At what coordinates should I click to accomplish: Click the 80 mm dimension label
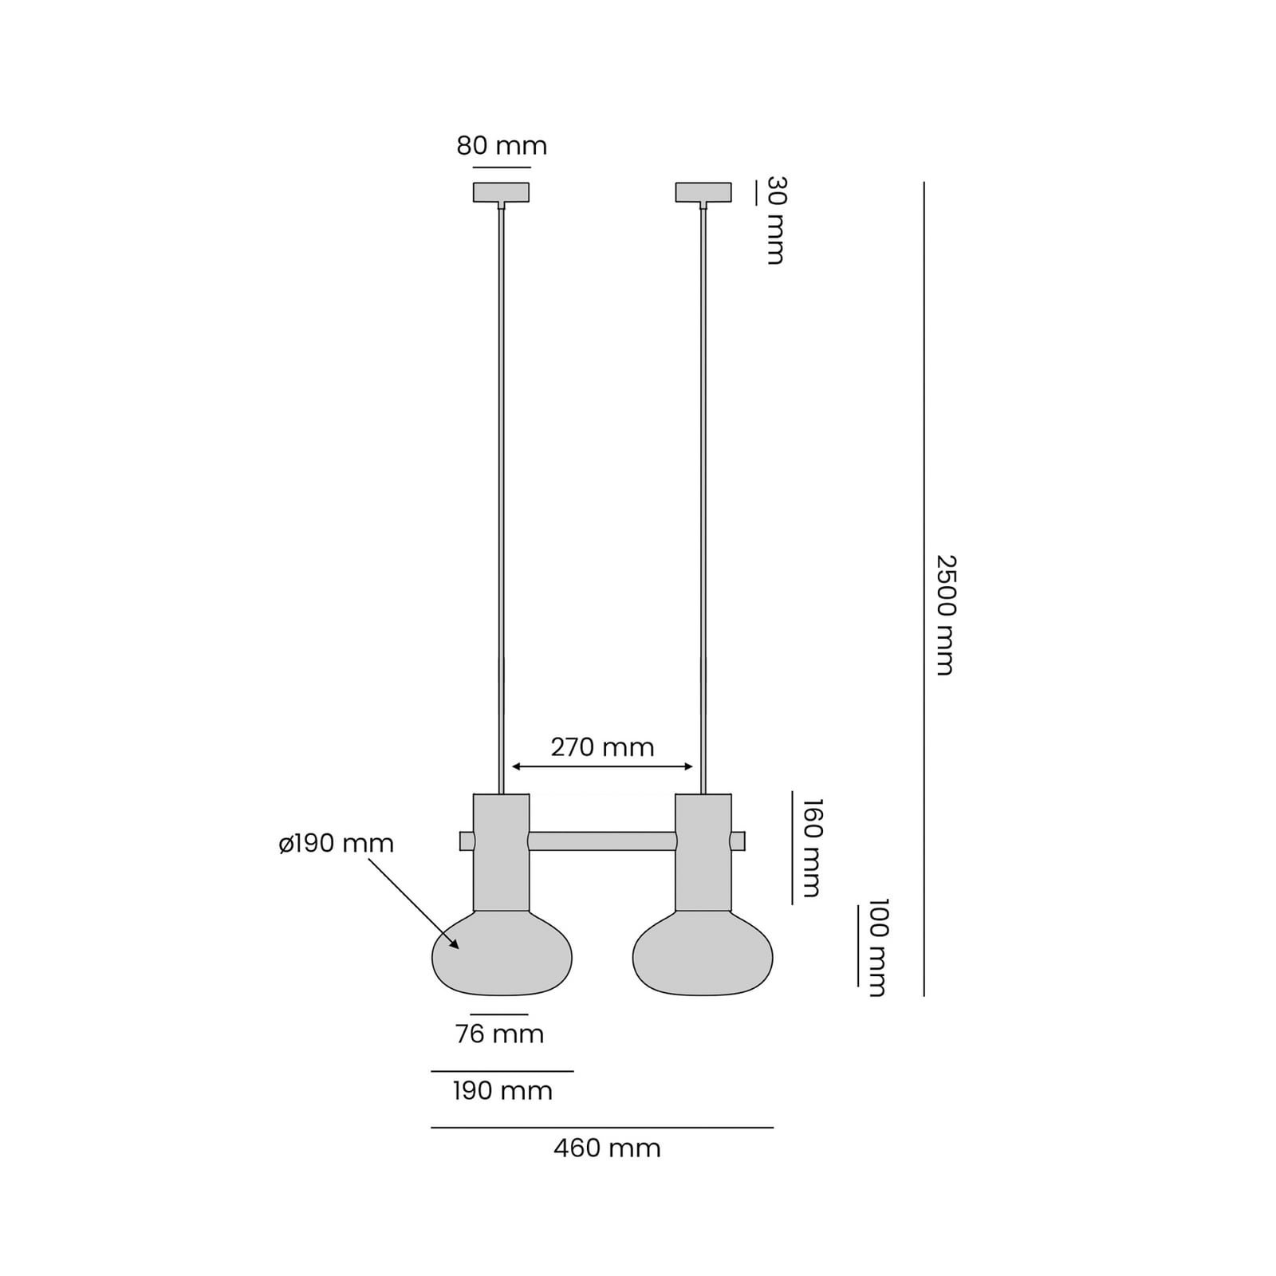click(x=502, y=146)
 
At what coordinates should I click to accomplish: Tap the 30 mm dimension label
click(x=775, y=220)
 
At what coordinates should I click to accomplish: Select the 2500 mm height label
click(x=945, y=615)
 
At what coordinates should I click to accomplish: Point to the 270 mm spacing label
click(x=602, y=747)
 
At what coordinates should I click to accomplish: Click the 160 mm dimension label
click(x=811, y=848)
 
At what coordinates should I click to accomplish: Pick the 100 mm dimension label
click(x=877, y=947)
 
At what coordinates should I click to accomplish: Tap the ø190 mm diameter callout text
click(x=337, y=844)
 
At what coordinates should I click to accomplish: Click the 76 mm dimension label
click(x=499, y=1034)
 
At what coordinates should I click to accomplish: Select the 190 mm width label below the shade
click(x=502, y=1091)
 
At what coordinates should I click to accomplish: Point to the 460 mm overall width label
click(x=607, y=1148)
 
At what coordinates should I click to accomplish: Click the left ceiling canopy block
click(x=501, y=192)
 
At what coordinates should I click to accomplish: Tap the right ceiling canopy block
click(x=703, y=192)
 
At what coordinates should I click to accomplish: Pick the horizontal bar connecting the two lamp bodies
click(x=602, y=841)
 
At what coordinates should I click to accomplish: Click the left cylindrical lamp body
click(x=501, y=852)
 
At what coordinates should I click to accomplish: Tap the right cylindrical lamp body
click(x=703, y=852)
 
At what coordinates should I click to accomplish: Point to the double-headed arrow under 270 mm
click(x=602, y=767)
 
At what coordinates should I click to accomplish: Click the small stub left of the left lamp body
click(x=467, y=841)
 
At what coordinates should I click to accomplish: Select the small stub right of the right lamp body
click(x=738, y=841)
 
